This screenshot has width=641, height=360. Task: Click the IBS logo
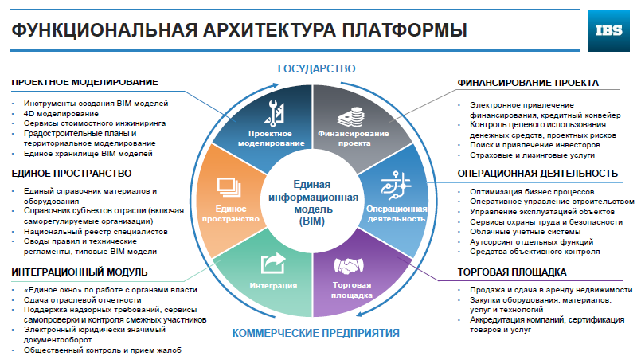(x=608, y=31)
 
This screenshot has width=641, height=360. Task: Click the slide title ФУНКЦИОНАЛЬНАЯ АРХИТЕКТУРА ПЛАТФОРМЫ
(x=239, y=30)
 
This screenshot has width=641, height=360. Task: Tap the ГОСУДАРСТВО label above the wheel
(x=316, y=68)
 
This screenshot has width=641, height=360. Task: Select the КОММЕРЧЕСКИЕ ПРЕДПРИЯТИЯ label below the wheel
(x=316, y=333)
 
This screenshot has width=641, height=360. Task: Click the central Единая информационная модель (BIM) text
(x=313, y=203)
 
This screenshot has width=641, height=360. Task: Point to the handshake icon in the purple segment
(x=349, y=266)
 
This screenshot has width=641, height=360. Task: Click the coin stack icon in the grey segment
(x=350, y=117)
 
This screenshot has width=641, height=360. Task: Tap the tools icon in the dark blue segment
(x=274, y=112)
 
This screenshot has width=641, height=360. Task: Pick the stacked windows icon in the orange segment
(x=229, y=188)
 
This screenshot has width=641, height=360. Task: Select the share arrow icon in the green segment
(x=273, y=264)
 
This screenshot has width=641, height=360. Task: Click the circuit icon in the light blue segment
(x=396, y=186)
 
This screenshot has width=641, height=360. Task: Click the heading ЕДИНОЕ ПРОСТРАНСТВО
(x=72, y=174)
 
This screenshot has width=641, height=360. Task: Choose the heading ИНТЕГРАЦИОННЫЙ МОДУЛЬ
(x=80, y=272)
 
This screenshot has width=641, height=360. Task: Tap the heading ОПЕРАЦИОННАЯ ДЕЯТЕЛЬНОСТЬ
(x=537, y=174)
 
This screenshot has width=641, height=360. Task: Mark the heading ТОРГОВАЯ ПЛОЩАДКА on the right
(x=512, y=272)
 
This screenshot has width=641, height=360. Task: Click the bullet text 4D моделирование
(x=61, y=114)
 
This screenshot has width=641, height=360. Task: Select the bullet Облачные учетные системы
(x=525, y=232)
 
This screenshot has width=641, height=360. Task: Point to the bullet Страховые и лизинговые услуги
(x=532, y=155)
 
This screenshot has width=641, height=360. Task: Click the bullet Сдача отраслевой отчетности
(x=82, y=299)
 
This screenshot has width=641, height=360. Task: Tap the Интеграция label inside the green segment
(x=273, y=286)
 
